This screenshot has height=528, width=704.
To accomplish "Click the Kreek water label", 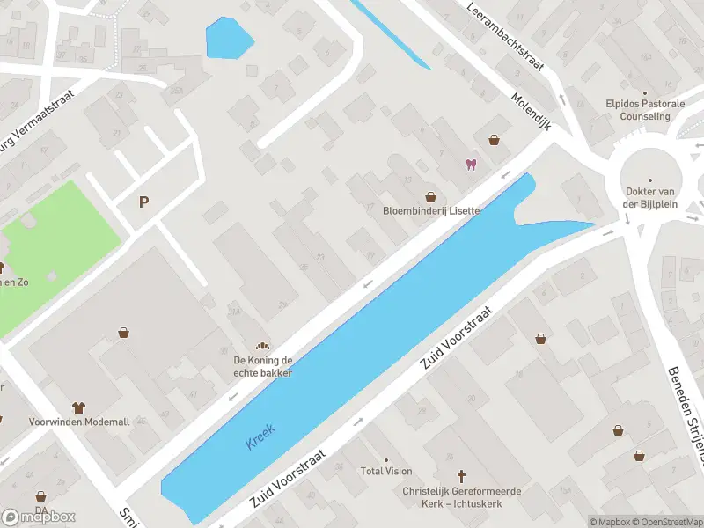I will point(260,436).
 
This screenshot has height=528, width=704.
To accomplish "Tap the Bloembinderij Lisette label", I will point(431,211).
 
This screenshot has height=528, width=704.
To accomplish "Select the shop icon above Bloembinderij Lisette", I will point(430,197).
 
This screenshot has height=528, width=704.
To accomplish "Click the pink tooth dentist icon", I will point(470,165).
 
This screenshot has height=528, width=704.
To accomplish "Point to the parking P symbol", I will point(143,202).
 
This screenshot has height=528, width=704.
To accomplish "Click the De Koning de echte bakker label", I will point(262,366).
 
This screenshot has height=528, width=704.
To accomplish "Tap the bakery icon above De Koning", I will point(261,346).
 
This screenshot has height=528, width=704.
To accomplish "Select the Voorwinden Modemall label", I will point(79,422).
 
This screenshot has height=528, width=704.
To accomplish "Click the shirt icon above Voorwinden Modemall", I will point(78,407).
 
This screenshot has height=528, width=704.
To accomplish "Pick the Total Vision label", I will point(386,472).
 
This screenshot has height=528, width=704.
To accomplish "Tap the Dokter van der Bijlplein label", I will point(649,197).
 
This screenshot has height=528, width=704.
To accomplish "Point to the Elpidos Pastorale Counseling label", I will point(644,109).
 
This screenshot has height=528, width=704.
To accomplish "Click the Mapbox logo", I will point(39,517).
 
